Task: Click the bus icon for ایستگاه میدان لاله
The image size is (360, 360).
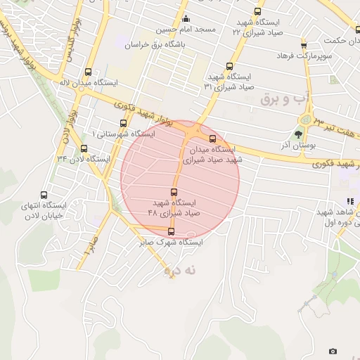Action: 88,72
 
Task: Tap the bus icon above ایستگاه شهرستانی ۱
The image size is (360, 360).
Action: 124,123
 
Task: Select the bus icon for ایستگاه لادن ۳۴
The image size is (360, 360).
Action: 84,148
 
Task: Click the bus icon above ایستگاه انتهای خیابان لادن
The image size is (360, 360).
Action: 44,195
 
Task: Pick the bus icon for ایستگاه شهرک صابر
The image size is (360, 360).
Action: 171,231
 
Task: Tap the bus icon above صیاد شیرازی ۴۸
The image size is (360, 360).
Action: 174,191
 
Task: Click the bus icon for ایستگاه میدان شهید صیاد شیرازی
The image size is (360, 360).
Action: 213,139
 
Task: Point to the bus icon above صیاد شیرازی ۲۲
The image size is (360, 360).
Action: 257,11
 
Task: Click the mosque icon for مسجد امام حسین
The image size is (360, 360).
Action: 186,18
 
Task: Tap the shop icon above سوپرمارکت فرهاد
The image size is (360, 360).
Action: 303,45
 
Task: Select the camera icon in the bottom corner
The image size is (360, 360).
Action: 333,351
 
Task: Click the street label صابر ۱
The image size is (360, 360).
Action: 89,244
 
